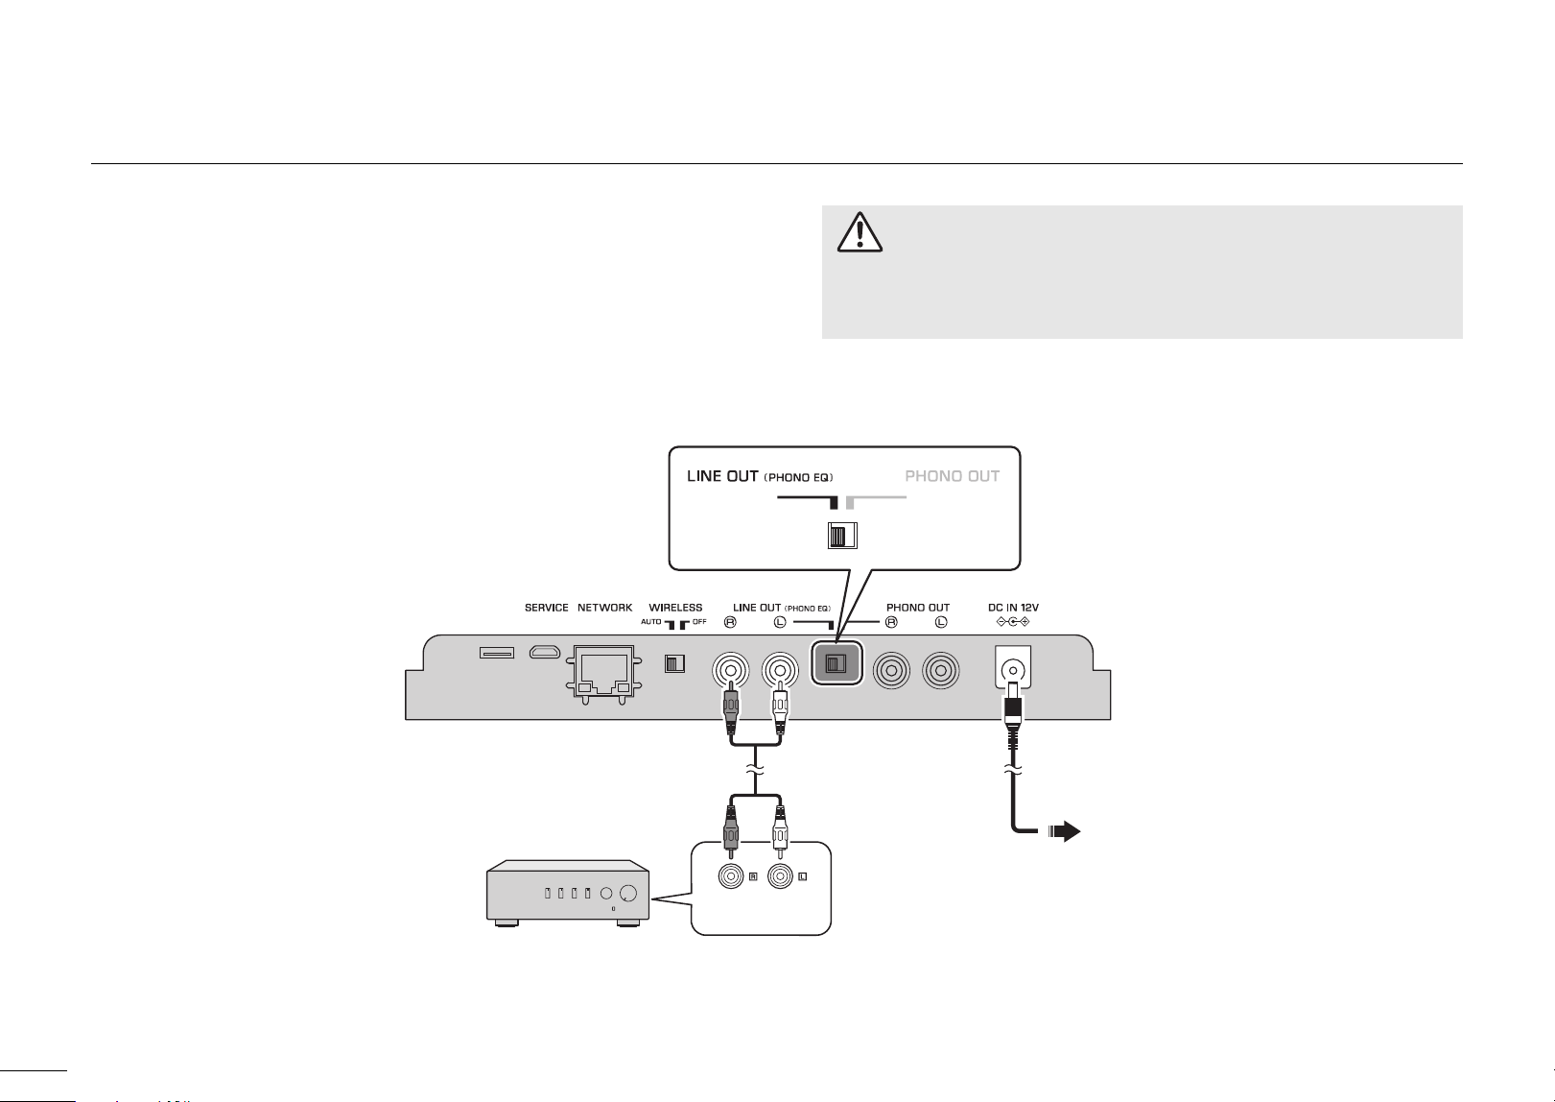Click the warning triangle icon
pos(860,232)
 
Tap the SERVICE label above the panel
pos(547,608)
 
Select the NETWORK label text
pos(604,608)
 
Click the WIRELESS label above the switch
pos(675,608)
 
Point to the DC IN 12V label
pos(1014,608)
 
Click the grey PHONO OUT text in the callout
pos(953,477)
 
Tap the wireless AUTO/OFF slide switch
pos(674,663)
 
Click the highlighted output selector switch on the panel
pos(836,663)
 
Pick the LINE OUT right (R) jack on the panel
pos(730,670)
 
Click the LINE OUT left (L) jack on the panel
pos(780,670)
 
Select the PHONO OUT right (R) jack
pos(891,670)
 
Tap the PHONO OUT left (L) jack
pos(941,670)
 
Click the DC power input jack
pos(1013,667)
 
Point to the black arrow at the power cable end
pos(1065,831)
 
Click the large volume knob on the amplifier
pos(627,894)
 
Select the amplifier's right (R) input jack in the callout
pos(730,877)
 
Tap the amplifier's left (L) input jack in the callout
pos(780,877)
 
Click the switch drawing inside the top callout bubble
pos(842,536)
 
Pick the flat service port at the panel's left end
pos(497,653)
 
